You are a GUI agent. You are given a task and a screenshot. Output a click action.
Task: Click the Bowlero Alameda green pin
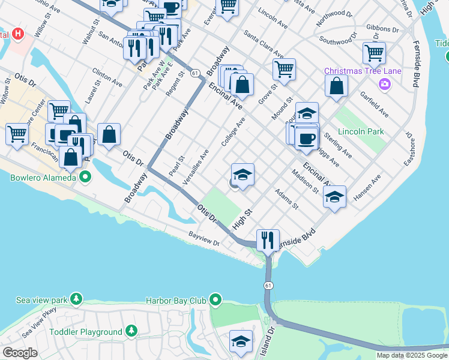[85, 177]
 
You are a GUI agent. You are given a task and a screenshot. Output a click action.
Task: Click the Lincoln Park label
[360, 131]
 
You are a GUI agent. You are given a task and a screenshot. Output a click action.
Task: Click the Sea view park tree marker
[76, 299]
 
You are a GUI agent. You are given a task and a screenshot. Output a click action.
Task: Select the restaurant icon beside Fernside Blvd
[268, 239]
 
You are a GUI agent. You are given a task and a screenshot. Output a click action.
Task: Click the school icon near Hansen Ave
[334, 196]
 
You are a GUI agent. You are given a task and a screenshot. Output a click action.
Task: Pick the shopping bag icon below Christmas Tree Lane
[336, 85]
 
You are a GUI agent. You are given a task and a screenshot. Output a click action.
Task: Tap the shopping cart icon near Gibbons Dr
[373, 53]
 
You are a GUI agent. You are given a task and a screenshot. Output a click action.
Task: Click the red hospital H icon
[17, 34]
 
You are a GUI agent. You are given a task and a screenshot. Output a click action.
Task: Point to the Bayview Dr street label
[203, 239]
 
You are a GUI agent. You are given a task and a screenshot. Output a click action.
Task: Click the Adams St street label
[286, 199]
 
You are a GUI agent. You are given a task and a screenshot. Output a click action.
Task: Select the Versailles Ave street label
[195, 167]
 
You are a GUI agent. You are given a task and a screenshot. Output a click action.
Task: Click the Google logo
[20, 353]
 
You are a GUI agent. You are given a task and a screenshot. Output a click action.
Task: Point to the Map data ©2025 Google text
[411, 355]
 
